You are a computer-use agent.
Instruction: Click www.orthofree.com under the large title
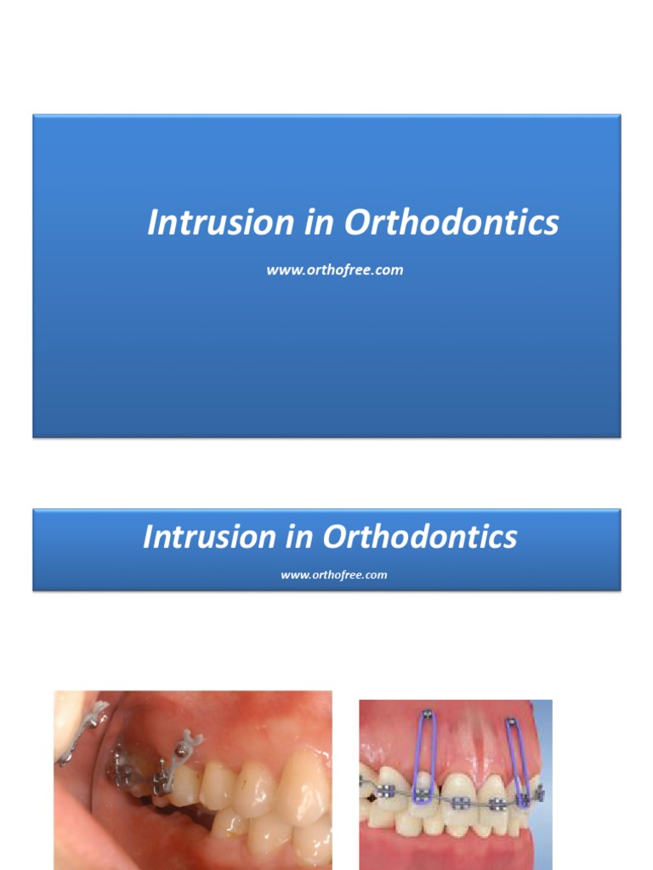click(334, 270)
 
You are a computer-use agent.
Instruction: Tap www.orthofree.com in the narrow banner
click(333, 575)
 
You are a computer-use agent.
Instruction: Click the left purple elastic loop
click(422, 760)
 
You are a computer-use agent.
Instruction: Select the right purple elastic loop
click(515, 760)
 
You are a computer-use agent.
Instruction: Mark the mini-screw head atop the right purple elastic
click(513, 725)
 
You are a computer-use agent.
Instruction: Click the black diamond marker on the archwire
click(372, 799)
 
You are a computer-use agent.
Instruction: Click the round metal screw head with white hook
click(181, 750)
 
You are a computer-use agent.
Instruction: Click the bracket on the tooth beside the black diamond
click(386, 793)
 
